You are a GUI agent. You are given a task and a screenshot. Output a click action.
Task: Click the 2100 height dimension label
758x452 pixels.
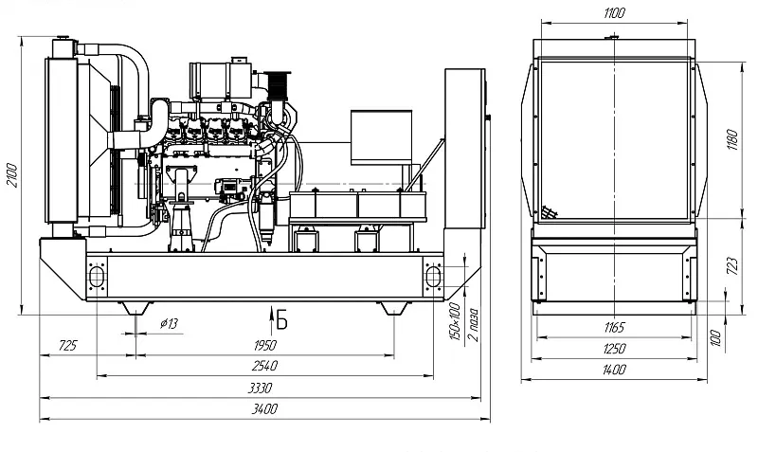[11, 175]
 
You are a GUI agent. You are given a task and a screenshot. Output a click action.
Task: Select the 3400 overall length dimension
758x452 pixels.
[264, 409]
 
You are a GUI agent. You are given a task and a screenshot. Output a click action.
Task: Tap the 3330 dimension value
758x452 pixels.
[260, 388]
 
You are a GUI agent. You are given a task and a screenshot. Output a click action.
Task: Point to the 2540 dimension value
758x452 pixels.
[264, 366]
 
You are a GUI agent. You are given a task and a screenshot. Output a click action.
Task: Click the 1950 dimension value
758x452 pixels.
[264, 345]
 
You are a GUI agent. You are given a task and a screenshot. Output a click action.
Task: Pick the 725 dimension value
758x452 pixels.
[67, 345]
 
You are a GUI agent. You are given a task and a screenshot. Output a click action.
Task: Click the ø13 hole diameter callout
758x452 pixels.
[169, 323]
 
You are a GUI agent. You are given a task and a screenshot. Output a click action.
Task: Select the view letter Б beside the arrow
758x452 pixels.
[281, 319]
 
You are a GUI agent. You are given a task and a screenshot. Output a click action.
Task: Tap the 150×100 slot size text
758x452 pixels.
[455, 321]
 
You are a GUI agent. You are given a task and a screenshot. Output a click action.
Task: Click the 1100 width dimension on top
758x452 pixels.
[614, 13]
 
